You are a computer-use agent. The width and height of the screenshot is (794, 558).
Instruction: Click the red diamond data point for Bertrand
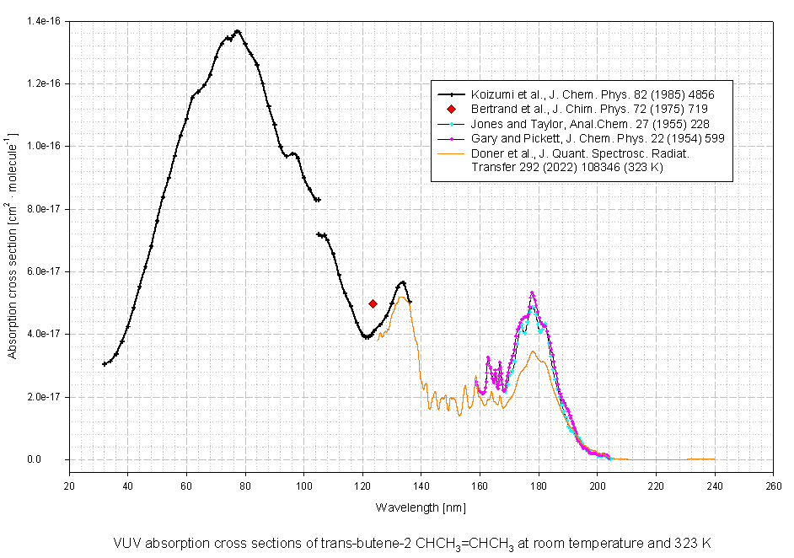[x=373, y=303]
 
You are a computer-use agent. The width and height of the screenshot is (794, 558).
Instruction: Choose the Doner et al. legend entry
[x=590, y=159]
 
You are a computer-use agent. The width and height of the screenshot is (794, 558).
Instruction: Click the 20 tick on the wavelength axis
[x=69, y=486]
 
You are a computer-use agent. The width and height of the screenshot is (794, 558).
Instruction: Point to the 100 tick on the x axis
[x=303, y=486]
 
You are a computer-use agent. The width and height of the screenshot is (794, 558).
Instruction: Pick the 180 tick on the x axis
[x=539, y=486]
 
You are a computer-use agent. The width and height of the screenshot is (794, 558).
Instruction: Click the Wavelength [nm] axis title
[x=421, y=507]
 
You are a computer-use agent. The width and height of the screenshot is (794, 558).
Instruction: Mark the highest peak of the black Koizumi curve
[x=238, y=31]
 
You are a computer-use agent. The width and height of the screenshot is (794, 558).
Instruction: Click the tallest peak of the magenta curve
[x=532, y=292]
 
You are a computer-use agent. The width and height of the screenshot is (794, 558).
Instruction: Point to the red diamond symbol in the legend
[x=452, y=110]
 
